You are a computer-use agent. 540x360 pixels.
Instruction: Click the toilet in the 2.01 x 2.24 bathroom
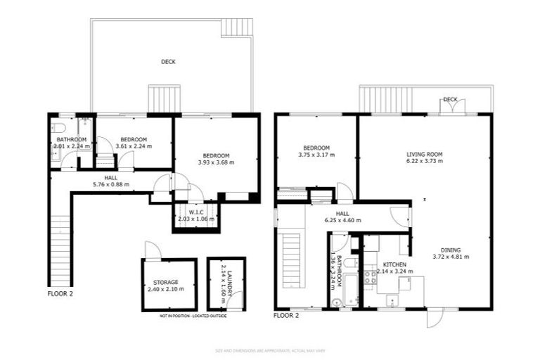[x=59, y=127]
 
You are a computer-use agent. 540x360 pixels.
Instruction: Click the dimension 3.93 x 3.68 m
[x=215, y=162]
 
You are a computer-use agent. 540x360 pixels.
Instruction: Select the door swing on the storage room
[x=150, y=250]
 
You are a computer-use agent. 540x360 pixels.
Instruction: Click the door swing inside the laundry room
[x=238, y=298]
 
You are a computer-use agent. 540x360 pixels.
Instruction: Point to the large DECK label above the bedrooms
[x=168, y=62]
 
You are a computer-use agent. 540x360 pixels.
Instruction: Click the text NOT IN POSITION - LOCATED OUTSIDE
[x=193, y=316]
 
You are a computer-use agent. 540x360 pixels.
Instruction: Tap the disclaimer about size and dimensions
[x=269, y=349]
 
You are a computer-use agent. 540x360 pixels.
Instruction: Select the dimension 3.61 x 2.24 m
[x=133, y=146]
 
